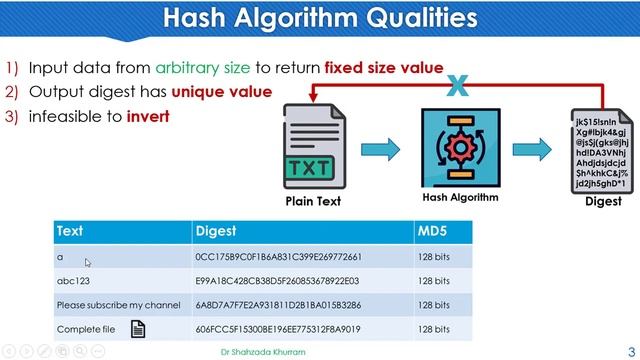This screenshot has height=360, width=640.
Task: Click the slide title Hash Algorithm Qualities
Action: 319,18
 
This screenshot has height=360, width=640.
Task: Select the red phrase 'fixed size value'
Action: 383,68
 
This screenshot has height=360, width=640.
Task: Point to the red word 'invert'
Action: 148,115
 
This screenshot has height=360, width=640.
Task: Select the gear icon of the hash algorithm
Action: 460,147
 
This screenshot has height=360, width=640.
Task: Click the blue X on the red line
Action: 457,87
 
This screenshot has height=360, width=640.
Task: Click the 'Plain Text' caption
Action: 314,201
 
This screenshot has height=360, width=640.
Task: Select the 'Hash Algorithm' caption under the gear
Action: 460,197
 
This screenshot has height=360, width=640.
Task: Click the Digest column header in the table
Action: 216,231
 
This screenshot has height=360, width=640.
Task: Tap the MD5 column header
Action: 430,231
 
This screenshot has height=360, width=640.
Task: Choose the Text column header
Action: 70,231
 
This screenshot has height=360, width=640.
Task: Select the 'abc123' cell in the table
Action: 73,281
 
